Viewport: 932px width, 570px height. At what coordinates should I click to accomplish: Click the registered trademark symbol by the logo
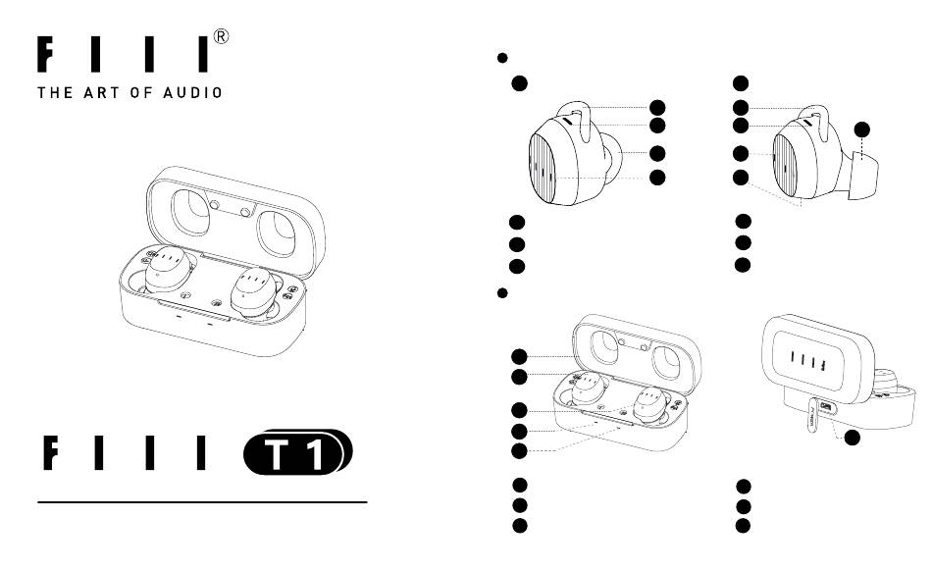coord(220,37)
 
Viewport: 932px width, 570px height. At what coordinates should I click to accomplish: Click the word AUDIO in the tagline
coord(193,93)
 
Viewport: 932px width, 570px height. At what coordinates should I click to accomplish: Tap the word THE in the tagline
coord(55,93)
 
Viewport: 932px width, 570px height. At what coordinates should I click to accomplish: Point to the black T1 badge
coord(298,451)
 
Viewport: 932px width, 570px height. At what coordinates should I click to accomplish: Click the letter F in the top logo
coord(45,55)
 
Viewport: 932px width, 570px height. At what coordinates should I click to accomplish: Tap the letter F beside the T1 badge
coord(51,453)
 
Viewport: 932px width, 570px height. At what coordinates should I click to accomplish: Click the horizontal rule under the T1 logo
coord(202,502)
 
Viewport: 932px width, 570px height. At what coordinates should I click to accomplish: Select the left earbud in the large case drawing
coord(168,270)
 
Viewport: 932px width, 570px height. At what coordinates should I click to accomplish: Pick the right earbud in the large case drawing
coord(253,292)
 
